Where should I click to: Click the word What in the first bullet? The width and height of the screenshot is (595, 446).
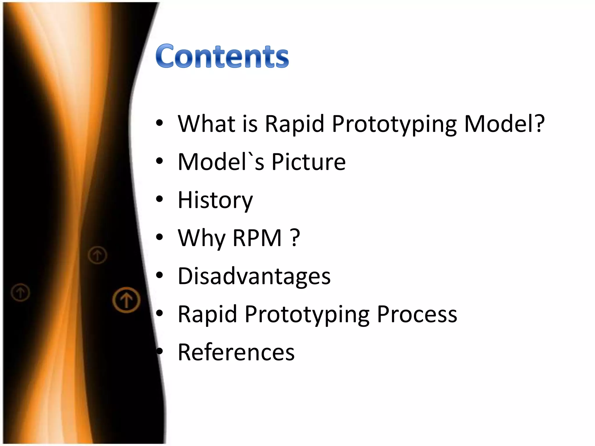[206, 124]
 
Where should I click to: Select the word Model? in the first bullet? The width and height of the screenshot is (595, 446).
[504, 124]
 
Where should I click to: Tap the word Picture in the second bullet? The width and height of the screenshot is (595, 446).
[308, 162]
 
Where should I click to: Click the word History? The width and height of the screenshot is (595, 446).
[215, 200]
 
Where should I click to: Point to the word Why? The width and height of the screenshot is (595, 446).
[201, 238]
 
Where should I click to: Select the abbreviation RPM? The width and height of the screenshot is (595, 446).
[257, 238]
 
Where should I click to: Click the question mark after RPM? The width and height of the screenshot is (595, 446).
[295, 238]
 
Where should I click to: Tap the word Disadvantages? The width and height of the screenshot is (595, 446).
[254, 276]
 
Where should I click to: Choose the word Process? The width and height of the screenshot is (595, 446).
[417, 314]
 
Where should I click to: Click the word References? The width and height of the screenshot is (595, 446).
[236, 352]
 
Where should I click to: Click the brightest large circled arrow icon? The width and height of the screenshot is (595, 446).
[126, 300]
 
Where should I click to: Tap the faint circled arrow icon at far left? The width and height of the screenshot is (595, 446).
[20, 292]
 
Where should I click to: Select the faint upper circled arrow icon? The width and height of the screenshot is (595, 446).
[97, 255]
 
